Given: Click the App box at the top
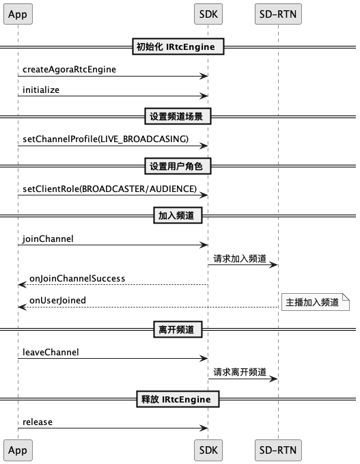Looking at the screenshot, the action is (x=18, y=14).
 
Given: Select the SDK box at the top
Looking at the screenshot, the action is (x=208, y=14).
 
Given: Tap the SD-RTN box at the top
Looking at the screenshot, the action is (x=278, y=14).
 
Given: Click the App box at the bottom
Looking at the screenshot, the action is (x=18, y=450).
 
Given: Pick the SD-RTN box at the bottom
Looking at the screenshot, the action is (x=278, y=450).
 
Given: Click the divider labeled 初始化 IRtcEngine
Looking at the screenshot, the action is (x=178, y=46).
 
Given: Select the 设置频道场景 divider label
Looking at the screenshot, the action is (x=178, y=116).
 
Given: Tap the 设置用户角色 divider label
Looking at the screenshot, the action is (x=178, y=166).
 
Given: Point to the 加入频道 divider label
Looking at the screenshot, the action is (x=178, y=215).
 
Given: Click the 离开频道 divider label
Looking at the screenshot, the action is (x=178, y=329).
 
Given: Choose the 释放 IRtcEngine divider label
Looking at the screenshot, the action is (x=178, y=399).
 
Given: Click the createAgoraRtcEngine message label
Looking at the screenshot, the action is (x=69, y=69).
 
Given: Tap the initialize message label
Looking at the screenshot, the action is (x=41, y=90).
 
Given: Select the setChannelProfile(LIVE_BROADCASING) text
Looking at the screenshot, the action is (x=105, y=139).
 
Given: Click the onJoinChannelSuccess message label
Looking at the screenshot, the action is (x=77, y=278).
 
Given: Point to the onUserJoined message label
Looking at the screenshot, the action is (x=57, y=301).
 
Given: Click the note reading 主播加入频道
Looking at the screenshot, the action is (x=316, y=302).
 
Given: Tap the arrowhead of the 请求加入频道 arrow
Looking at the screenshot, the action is (x=274, y=265).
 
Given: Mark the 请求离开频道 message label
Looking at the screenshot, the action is (x=240, y=372).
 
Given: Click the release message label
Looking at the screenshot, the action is (x=38, y=422).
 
